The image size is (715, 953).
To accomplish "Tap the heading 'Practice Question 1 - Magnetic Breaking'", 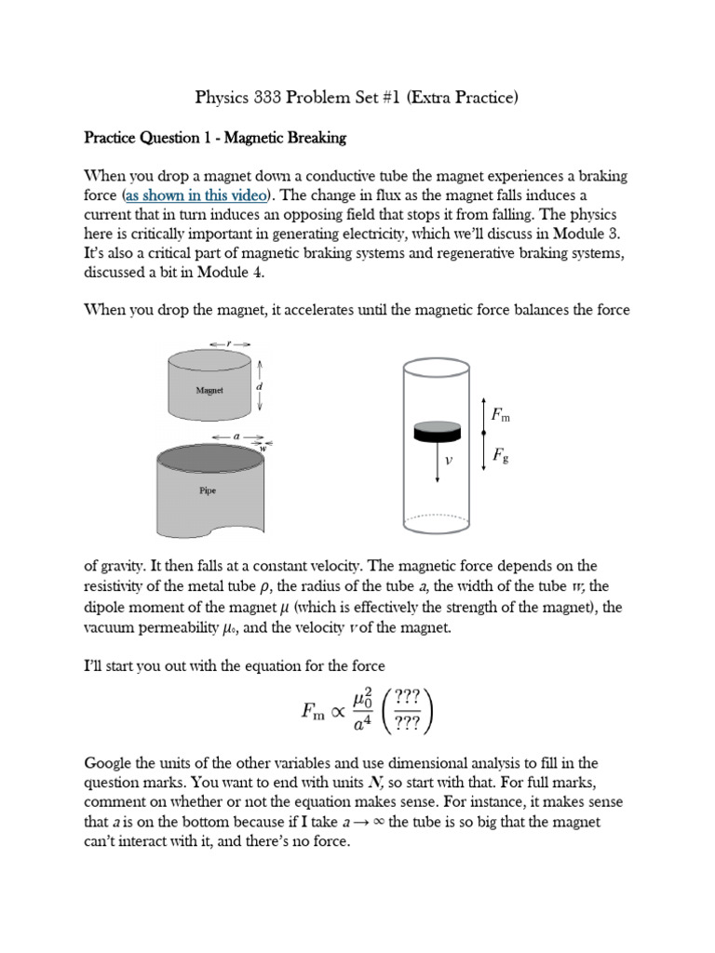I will point(215,138).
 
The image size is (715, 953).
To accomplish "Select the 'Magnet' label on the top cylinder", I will point(209,391).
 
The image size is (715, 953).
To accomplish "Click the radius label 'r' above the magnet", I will point(231,343).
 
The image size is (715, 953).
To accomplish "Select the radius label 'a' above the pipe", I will point(236,436).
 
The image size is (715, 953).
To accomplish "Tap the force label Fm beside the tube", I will point(500,415).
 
